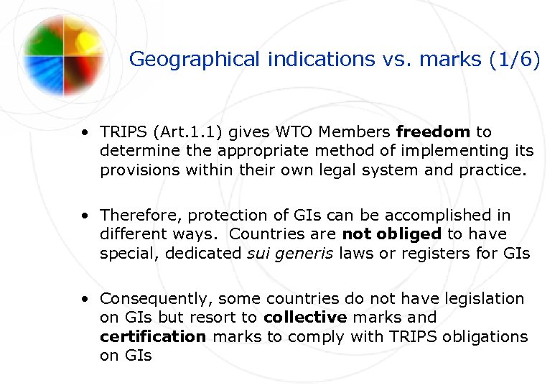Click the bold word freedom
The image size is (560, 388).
tap(433, 132)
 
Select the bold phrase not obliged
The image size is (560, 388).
tap(392, 234)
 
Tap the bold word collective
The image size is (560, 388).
tap(305, 318)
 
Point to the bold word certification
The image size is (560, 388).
tap(153, 336)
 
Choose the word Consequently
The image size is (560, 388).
tap(155, 299)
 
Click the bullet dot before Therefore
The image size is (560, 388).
tap(85, 216)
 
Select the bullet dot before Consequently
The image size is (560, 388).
tap(85, 299)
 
